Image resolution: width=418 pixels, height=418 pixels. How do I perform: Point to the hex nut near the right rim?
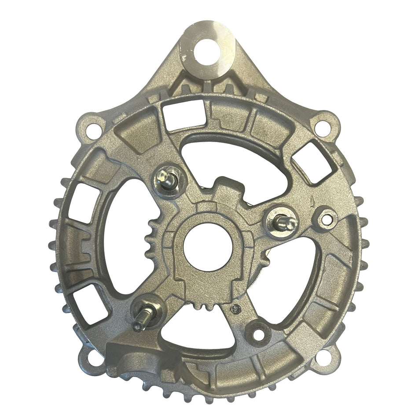tap(327, 217)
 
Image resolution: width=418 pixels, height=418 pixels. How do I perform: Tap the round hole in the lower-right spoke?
tap(259, 334)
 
